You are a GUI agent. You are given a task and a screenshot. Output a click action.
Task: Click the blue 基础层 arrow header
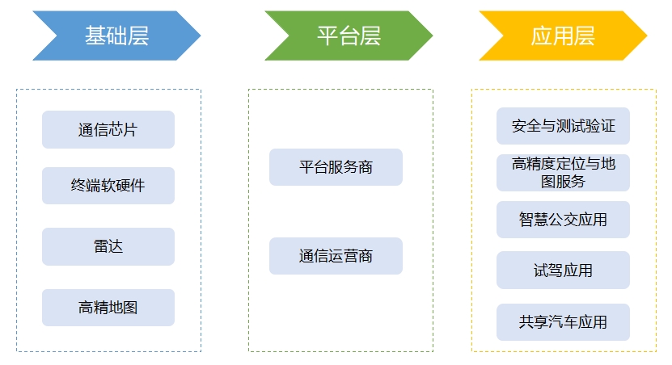tap(116, 36)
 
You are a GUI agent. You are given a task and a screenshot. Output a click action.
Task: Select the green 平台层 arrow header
tap(349, 36)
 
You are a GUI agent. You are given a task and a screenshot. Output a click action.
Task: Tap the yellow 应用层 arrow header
tap(563, 36)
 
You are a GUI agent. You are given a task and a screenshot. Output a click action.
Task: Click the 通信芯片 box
tap(108, 129)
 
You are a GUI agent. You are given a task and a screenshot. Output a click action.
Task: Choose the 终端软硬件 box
tap(108, 186)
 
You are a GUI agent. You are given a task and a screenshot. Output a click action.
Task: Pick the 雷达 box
tap(108, 246)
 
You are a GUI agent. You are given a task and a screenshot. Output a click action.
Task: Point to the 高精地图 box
tap(108, 308)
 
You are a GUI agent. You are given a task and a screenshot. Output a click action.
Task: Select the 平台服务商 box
tap(336, 167)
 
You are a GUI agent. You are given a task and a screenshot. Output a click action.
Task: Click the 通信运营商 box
tap(336, 256)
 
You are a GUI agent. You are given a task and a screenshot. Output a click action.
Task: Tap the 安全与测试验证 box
tap(563, 126)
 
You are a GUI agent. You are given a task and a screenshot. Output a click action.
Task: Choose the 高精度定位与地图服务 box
tap(563, 173)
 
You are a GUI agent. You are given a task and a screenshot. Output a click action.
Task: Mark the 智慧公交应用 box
tap(563, 220)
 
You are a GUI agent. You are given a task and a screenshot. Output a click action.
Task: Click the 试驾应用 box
tap(563, 270)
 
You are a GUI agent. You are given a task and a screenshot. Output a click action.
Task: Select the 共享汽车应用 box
tap(563, 322)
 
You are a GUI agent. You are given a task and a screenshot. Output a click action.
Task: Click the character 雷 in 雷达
tap(101, 246)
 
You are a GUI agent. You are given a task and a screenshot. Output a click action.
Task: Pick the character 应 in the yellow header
tap(542, 36)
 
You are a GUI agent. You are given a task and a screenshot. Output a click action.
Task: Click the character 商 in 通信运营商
tap(365, 256)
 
